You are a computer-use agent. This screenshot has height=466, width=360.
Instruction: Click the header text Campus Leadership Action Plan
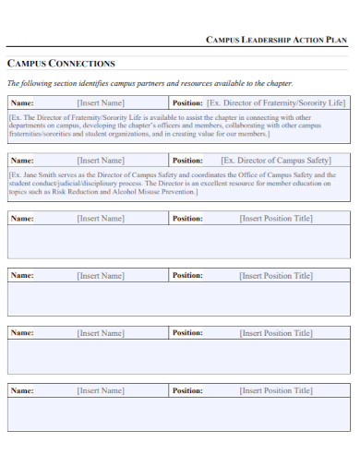pos(276,41)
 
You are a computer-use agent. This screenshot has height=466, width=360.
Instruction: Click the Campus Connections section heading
pos(61,64)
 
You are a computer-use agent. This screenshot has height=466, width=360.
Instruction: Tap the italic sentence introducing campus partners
pos(150,83)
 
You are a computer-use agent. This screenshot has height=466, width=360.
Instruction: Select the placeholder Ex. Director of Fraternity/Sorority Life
pos(276,103)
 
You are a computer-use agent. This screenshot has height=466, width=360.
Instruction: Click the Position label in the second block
pos(187,161)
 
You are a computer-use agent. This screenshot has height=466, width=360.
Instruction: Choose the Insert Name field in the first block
pos(101,103)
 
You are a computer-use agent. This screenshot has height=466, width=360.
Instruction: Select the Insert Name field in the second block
pos(101,161)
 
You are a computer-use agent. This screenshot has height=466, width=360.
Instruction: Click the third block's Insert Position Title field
pos(276,219)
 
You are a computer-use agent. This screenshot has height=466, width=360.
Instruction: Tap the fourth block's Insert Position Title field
pos(276,276)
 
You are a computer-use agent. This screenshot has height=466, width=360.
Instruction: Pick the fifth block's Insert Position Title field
pos(276,333)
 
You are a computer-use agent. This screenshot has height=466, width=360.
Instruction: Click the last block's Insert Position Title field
pos(276,390)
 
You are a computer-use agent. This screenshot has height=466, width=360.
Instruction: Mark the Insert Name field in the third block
pos(101,219)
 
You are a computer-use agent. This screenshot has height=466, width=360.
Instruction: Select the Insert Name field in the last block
pos(101,390)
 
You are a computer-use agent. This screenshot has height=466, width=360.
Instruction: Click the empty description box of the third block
pos(179,242)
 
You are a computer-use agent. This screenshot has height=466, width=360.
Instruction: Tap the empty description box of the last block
pos(179,414)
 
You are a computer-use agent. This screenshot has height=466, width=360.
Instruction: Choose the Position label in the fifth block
pos(187,333)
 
